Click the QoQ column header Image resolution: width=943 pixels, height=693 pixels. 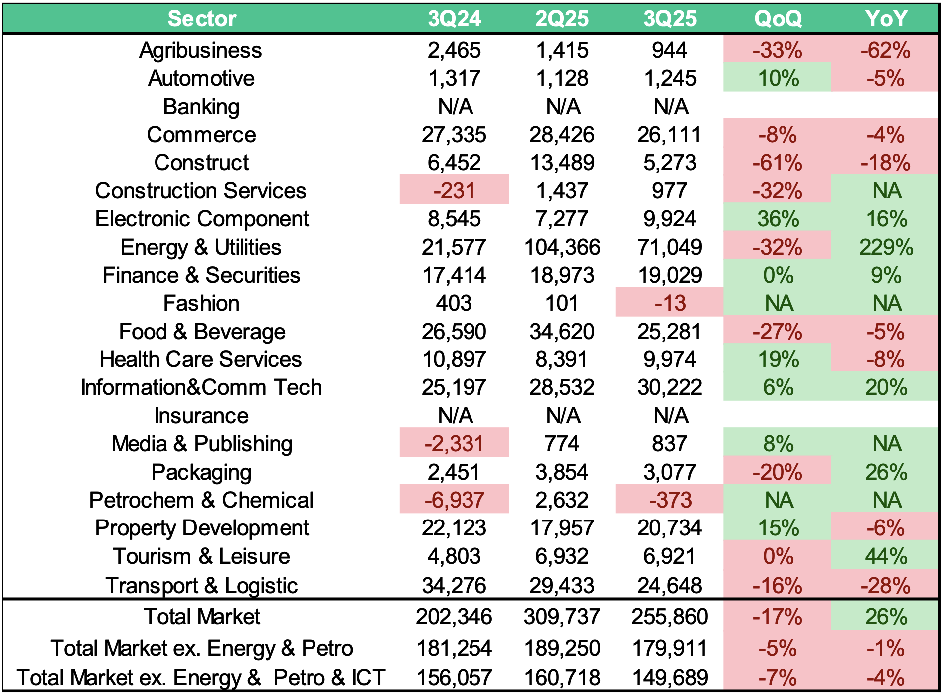click(778, 19)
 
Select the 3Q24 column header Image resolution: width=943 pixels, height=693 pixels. click(454, 19)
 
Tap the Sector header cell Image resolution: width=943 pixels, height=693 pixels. click(201, 19)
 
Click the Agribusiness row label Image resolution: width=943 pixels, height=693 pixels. click(200, 50)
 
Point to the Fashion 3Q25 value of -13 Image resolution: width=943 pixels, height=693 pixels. click(670, 303)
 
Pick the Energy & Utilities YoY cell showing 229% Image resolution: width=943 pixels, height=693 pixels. click(886, 247)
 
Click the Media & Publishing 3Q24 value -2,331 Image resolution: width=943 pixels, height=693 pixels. click(454, 444)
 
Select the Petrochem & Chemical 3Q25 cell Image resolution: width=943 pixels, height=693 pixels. click(670, 500)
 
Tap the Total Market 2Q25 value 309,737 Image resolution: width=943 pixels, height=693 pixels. click(562, 617)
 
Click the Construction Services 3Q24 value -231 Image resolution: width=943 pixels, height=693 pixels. click(454, 191)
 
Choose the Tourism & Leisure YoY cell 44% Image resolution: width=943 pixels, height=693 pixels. click(886, 556)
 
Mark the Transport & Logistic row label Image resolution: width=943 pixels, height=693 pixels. click(201, 586)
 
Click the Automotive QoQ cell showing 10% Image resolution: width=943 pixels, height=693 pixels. click(778, 78)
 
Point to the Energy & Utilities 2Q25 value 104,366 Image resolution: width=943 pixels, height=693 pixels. click(562, 247)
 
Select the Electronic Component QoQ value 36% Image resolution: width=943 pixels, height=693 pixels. click(778, 219)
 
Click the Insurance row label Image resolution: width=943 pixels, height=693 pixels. click(201, 416)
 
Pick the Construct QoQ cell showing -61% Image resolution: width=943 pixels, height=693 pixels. click(778, 163)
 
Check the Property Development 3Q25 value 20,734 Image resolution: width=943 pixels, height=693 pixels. click(670, 528)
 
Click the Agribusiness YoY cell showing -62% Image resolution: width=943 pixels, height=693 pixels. click(886, 50)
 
